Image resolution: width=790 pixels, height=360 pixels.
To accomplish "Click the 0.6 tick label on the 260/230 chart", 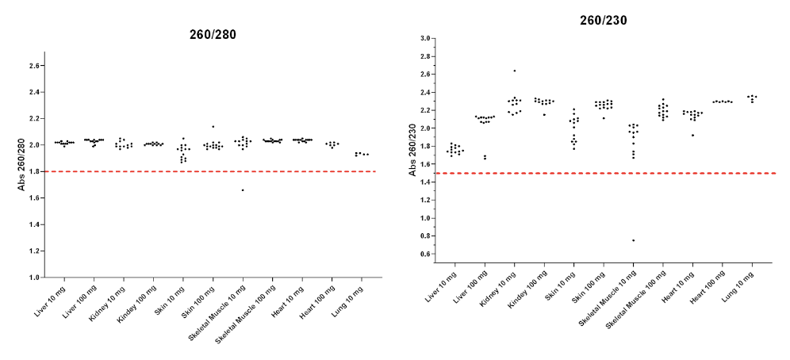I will [424, 255].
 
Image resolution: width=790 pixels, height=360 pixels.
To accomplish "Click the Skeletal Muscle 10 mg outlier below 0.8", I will [633, 240].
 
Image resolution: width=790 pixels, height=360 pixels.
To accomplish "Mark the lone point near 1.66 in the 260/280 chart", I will [243, 190].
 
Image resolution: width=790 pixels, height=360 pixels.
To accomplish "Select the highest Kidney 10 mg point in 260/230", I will [514, 71].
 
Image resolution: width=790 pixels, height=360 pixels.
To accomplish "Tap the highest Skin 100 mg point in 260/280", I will [213, 127].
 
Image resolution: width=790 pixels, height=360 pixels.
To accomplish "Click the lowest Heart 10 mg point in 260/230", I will [692, 135].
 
